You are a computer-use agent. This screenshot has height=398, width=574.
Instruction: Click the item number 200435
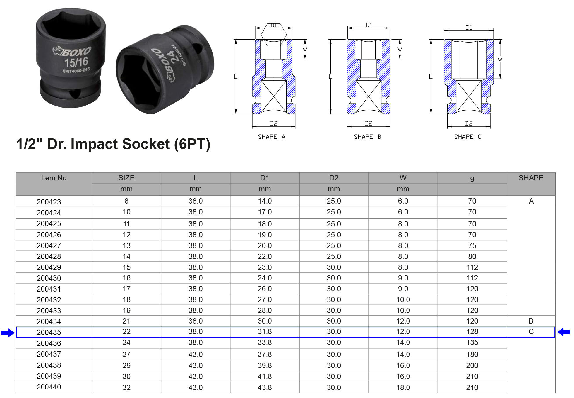[x=49, y=332]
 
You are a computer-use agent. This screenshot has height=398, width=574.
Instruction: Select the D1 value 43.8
[x=265, y=387]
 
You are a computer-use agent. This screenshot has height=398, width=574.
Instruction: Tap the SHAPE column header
[x=531, y=178]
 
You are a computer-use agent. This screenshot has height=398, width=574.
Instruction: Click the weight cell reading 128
[x=472, y=331]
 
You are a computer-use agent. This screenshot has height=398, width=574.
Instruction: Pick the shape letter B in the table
[x=531, y=321]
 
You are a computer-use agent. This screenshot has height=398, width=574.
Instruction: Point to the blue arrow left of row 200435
[x=8, y=333]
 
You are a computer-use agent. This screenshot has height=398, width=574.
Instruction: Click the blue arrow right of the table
[x=564, y=332]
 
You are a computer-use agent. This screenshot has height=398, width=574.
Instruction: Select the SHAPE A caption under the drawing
[x=271, y=137]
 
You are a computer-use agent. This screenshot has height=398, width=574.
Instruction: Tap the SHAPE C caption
[x=467, y=137]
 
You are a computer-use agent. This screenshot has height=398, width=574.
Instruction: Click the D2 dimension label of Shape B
[x=369, y=123]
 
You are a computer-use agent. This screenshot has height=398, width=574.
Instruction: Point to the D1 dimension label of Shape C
[x=469, y=27]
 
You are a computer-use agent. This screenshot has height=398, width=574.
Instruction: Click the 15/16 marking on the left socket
[x=76, y=62]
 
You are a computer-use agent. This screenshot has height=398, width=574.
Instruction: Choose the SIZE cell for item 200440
[x=126, y=387]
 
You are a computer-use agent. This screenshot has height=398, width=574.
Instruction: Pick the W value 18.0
[x=403, y=387]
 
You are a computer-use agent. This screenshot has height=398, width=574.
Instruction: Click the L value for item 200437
[x=196, y=354]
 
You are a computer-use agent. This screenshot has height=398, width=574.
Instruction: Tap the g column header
[x=472, y=178]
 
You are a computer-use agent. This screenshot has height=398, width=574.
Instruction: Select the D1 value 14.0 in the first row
[x=265, y=201]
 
